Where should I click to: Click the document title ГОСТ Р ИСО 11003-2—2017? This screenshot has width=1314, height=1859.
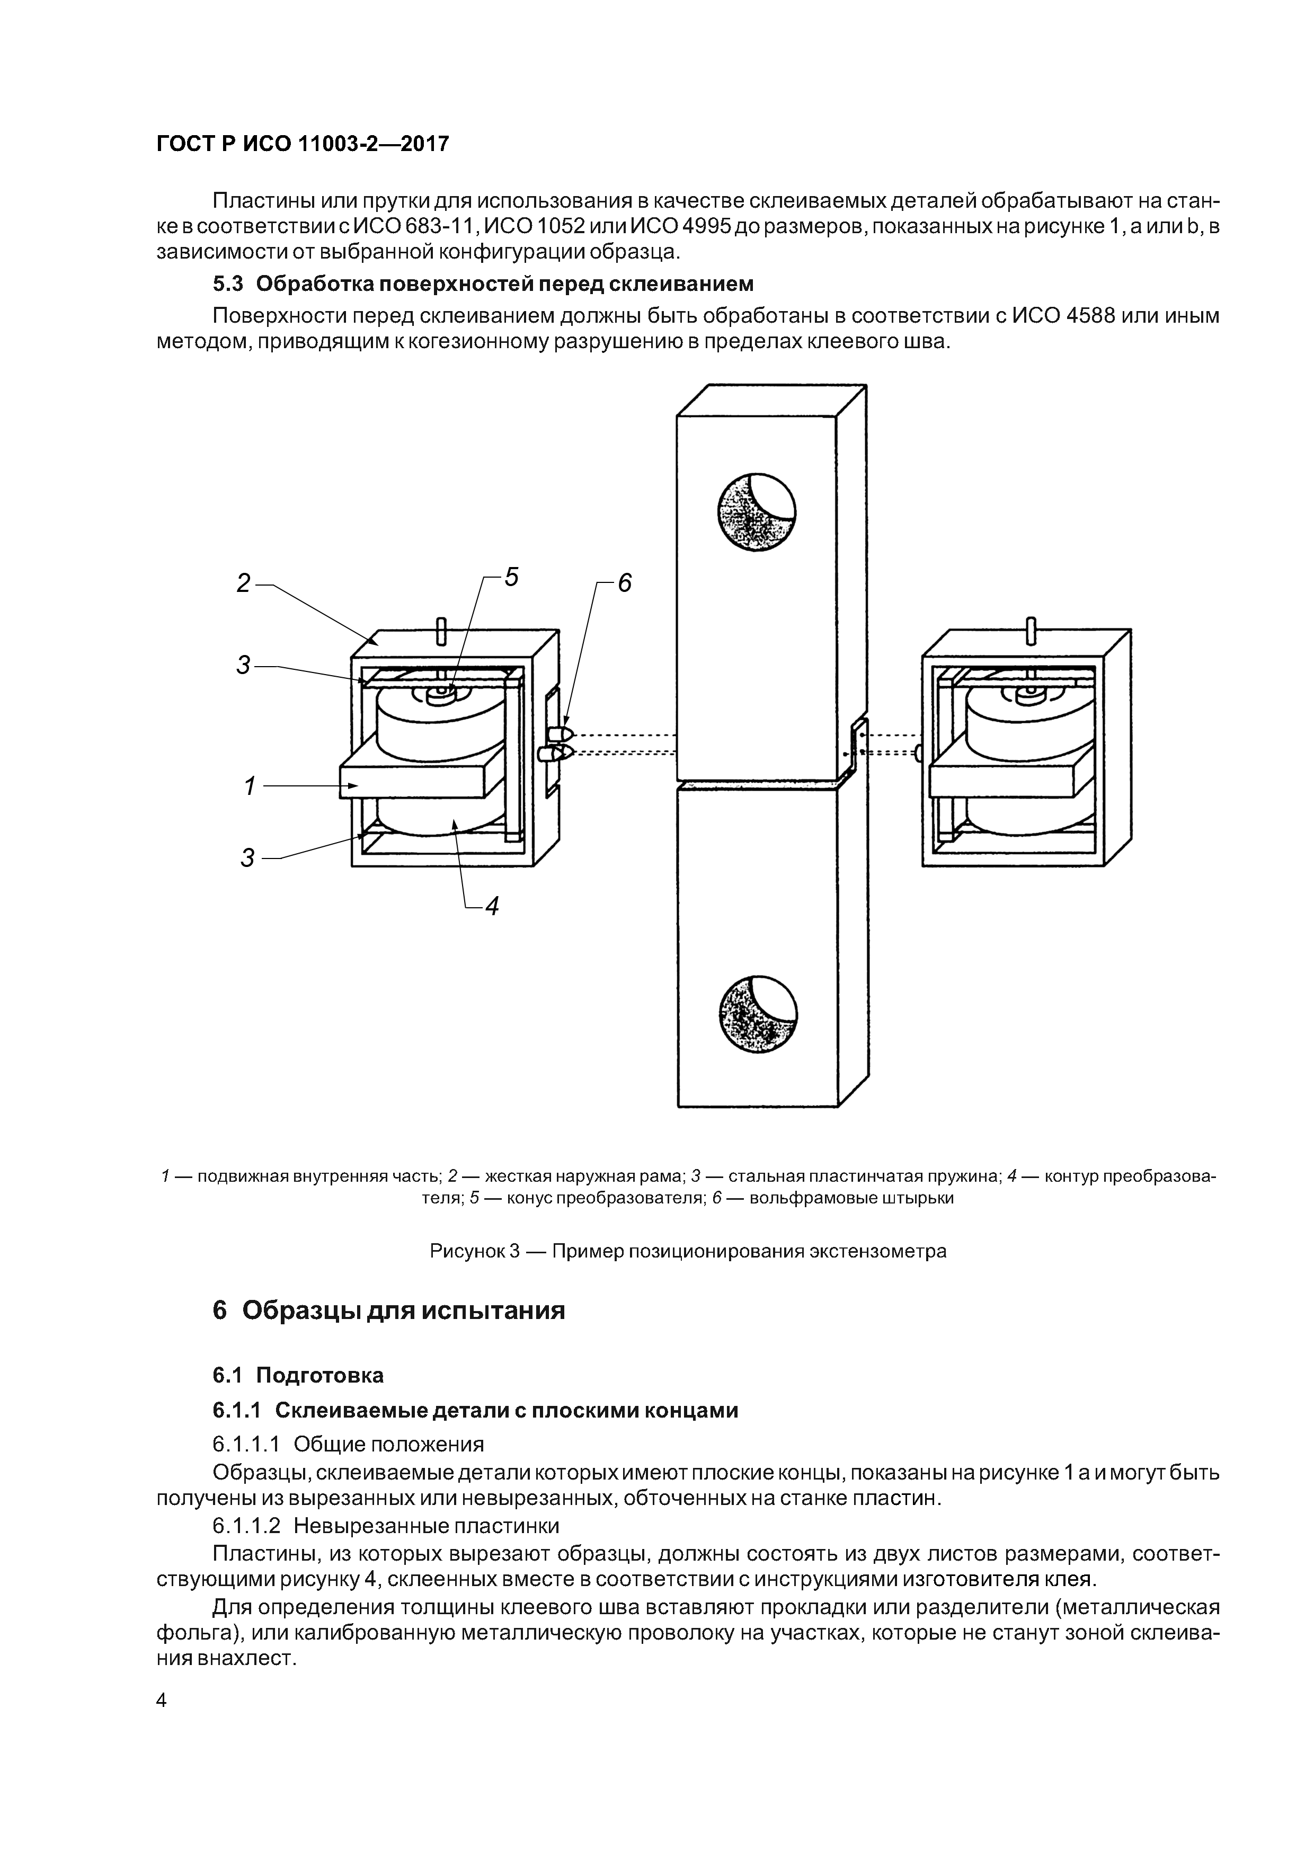[302, 145]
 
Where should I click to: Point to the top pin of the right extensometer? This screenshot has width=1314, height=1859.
[1030, 631]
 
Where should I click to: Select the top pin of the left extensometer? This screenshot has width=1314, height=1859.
[441, 631]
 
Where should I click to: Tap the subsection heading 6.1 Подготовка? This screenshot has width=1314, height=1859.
[298, 1375]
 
